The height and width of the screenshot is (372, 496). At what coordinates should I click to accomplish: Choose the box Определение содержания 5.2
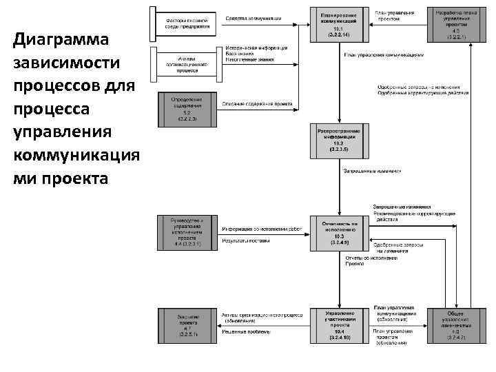pos(183,108)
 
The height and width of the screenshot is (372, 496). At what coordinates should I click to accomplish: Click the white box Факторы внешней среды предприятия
pos(183,22)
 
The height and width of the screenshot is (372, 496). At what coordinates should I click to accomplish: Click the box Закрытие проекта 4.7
pos(183,324)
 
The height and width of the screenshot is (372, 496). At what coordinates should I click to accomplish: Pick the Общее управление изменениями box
pos(452,324)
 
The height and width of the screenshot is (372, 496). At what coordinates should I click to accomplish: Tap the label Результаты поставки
pos(245,240)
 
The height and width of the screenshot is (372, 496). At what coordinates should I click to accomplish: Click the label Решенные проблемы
pos(245,331)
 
